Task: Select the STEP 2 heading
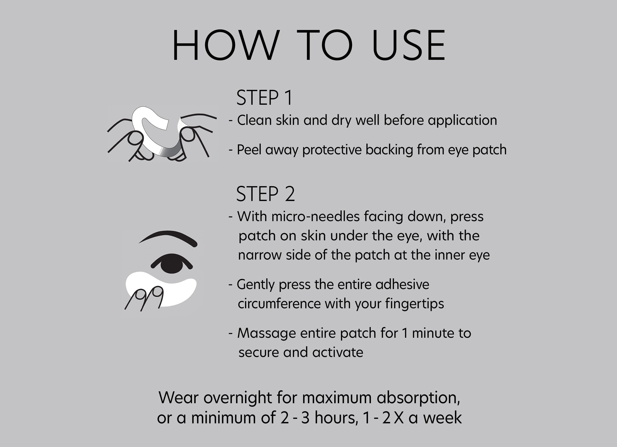coord(265,194)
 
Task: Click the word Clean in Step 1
coord(254,120)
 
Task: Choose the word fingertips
coord(414,304)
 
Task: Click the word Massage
coord(266,334)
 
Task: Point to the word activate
coord(338,352)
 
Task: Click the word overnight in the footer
coord(238,398)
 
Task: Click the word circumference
coord(279,304)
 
